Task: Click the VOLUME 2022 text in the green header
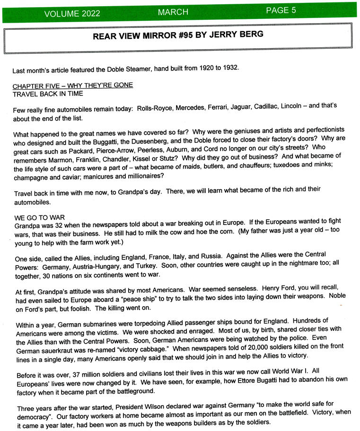click(x=72, y=13)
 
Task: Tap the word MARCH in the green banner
click(x=173, y=12)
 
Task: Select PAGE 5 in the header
click(x=281, y=10)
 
